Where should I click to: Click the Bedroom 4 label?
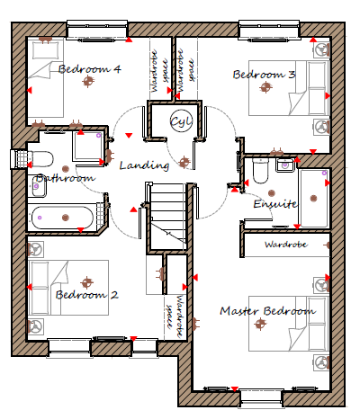pos(89,69)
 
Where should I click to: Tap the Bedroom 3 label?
pos(264,74)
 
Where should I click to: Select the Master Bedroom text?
pos(267,311)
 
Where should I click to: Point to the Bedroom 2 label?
pos(87,295)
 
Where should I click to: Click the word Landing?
pos(144,165)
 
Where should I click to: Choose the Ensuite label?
pos(275,204)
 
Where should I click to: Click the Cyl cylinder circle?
pos(181,121)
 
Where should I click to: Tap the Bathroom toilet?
pos(41,159)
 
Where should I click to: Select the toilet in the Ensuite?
pos(260,171)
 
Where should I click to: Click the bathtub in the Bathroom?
pos(62,218)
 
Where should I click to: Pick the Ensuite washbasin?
pos(284,165)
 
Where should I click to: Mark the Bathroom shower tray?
pos(87,147)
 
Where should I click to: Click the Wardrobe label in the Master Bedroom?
pos(286,245)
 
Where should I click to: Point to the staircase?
pos(167,216)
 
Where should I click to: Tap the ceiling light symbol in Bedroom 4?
pos(88,81)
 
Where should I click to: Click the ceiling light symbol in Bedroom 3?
pos(265,87)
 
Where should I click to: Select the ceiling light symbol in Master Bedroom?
pos(260,324)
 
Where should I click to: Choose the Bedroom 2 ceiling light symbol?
pos(86,282)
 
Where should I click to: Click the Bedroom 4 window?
pos(97,30)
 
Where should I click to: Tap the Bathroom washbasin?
pos(39,186)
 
